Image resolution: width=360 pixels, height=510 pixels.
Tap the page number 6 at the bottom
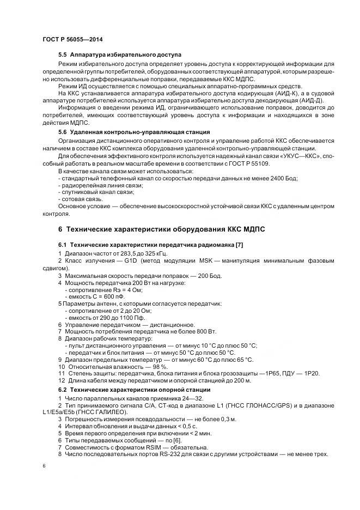[44, 467]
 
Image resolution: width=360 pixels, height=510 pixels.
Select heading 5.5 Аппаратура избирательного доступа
[120, 55]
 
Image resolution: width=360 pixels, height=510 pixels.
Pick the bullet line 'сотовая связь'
[82, 199]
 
